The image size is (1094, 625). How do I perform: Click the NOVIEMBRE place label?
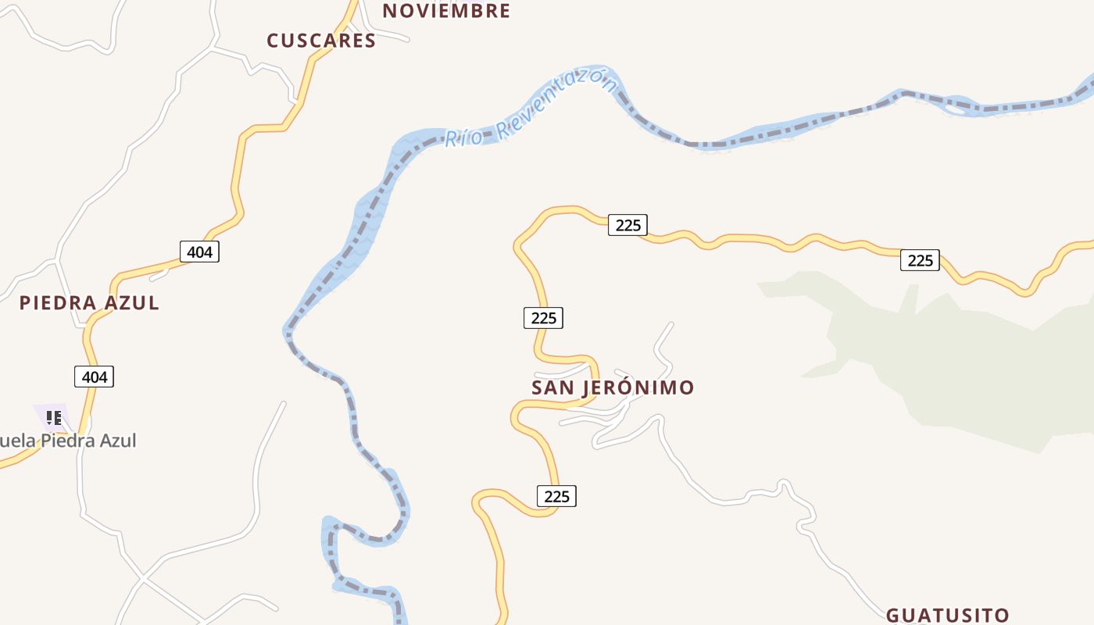pos(446,11)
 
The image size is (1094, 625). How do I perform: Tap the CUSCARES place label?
pos(321,41)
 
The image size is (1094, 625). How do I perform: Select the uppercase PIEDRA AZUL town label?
pos(89,303)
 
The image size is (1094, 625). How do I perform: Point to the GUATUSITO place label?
pos(948,616)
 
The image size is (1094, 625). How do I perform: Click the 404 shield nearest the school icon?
pos(95,377)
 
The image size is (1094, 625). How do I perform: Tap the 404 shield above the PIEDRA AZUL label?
pos(199,252)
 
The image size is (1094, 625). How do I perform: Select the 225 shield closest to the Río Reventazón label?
pos(627,225)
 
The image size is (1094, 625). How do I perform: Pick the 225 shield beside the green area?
pos(920,260)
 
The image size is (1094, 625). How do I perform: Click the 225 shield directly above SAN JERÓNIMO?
pos(543,318)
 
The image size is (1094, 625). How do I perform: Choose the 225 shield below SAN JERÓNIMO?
pos(556,496)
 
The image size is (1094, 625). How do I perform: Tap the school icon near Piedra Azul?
pos(53,418)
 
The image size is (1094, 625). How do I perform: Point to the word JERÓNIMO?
pos(638,387)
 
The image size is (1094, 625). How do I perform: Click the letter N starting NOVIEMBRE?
pos(390,11)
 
